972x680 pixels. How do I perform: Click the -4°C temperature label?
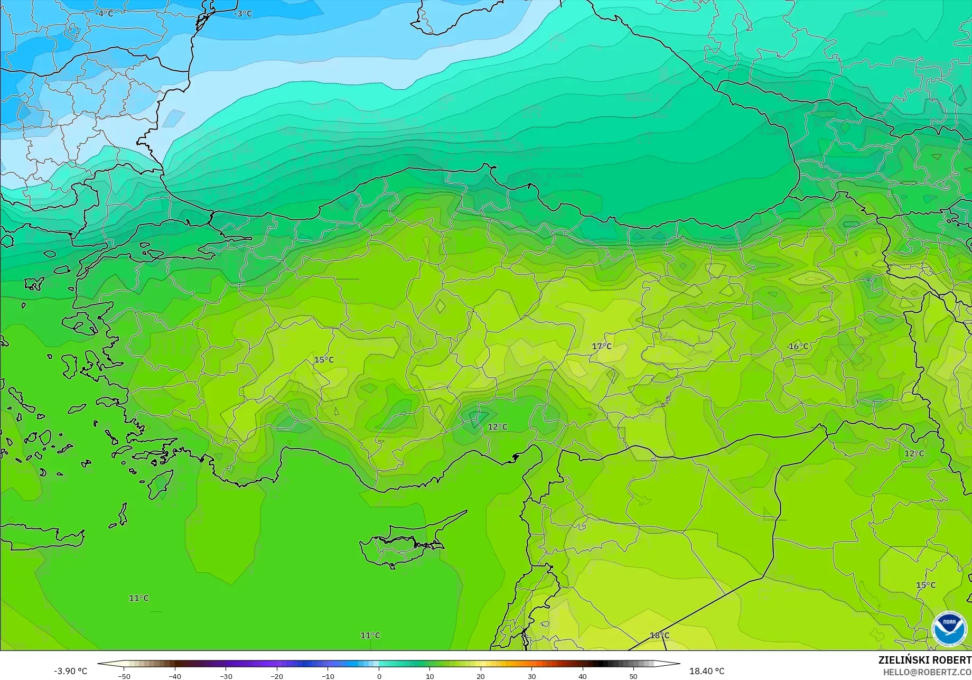pos(105,14)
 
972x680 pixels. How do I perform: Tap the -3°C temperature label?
pos(243,14)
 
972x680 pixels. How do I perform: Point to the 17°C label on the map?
pos(602,347)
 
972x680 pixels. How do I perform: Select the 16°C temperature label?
pos(798,347)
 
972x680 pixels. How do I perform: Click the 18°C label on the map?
pos(659,636)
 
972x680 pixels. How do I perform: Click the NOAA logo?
pos(949,629)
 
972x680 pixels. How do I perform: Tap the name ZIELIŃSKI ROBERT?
pos(924,660)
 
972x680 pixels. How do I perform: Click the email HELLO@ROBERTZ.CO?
pos(928,672)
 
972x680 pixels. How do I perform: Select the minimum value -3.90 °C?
pos(70,671)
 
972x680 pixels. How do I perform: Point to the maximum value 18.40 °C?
pos(707,671)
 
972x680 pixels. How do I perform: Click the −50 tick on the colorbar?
pos(124,676)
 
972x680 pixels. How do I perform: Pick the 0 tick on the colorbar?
pos(379,676)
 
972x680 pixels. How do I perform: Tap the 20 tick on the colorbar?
pos(481,676)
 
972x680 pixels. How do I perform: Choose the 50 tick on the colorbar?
pos(633,676)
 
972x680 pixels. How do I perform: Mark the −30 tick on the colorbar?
pos(226,676)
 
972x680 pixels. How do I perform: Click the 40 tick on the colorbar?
pos(583,676)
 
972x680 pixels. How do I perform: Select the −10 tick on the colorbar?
pos(328,676)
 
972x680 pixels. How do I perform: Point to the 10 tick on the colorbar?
pos(430,676)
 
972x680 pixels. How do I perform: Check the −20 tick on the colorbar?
pos(276,676)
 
